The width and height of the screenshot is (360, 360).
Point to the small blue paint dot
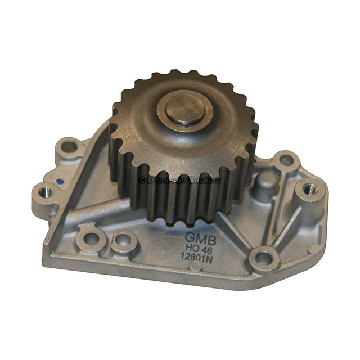pyautogui.click(x=60, y=182)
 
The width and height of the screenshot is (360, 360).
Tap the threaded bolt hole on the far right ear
pyautogui.click(x=310, y=190)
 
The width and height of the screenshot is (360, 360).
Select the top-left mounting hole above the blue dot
pyautogui.click(x=69, y=147)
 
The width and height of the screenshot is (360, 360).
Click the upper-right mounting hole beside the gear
pyautogui.click(x=286, y=160)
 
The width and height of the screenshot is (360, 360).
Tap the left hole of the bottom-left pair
pyautogui.click(x=91, y=238)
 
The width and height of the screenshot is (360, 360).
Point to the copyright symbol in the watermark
pyautogui.click(x=142, y=180)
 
